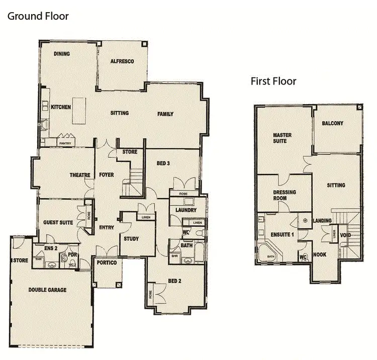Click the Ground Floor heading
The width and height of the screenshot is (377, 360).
point(38,16)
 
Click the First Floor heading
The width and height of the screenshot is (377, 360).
point(273,81)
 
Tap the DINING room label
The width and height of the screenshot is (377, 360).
point(62,54)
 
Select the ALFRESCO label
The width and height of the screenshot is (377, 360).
point(122,61)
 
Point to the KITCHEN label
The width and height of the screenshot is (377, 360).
point(61,107)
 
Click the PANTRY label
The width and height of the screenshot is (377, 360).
point(65,143)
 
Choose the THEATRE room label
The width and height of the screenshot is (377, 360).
point(80,175)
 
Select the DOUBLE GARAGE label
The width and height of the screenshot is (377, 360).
point(47,290)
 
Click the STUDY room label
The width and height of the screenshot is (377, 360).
point(131,239)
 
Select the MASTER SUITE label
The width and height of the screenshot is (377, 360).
point(282,138)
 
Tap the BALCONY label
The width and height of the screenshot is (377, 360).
point(333,123)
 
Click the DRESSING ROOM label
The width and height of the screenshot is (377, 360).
point(285,195)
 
